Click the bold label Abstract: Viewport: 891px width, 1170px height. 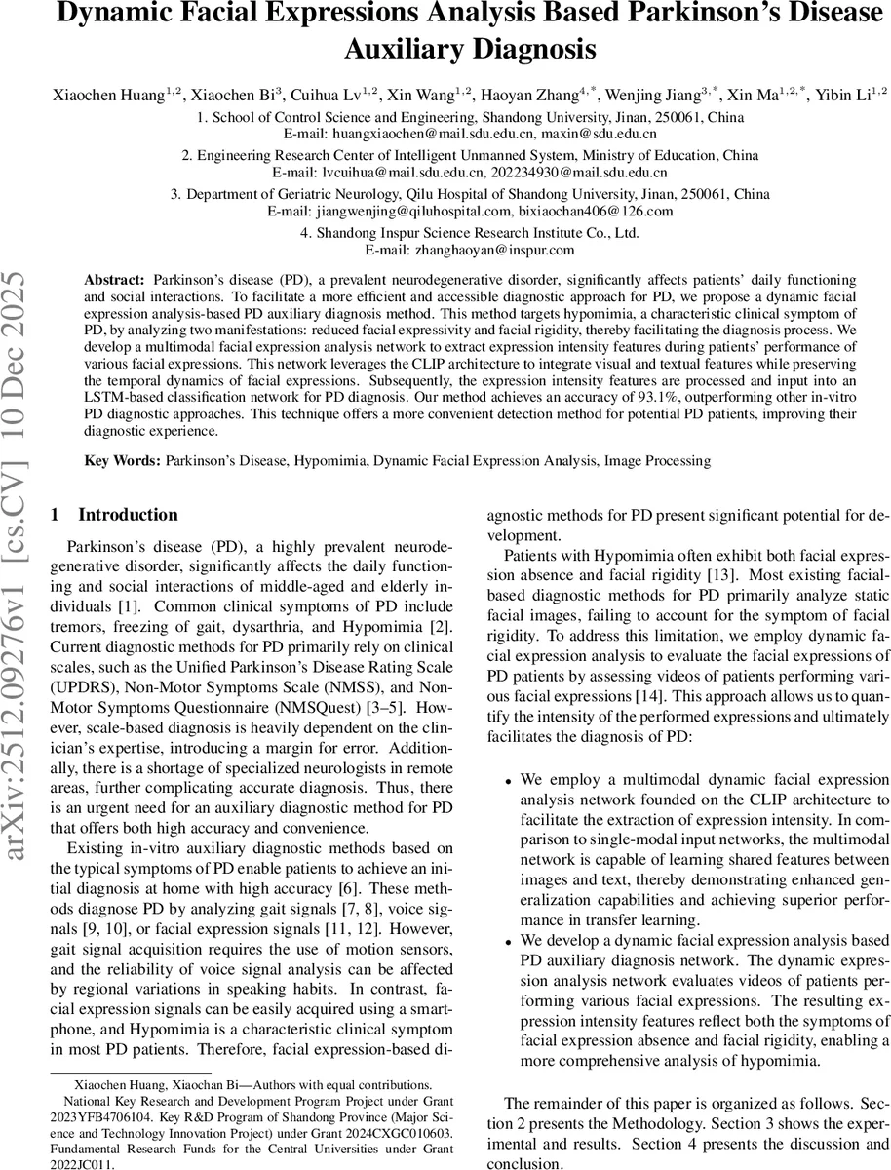pyautogui.click(x=117, y=279)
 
